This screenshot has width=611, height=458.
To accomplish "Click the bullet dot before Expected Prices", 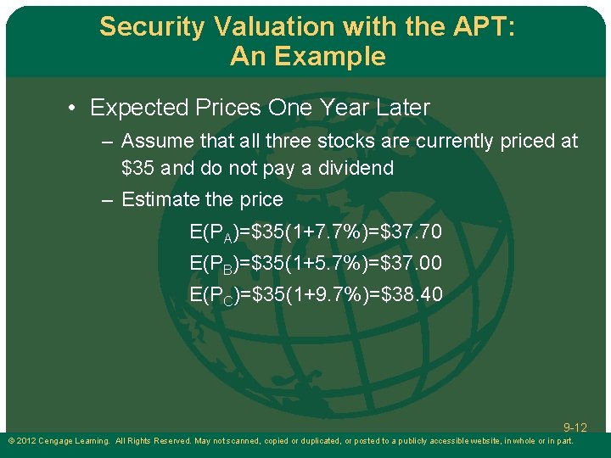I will [x=75, y=109].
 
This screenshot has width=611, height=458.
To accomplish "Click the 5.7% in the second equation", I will [x=324, y=263].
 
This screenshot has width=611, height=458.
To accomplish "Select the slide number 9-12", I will [x=575, y=427].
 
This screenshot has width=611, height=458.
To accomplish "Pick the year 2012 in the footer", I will [x=25, y=441].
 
